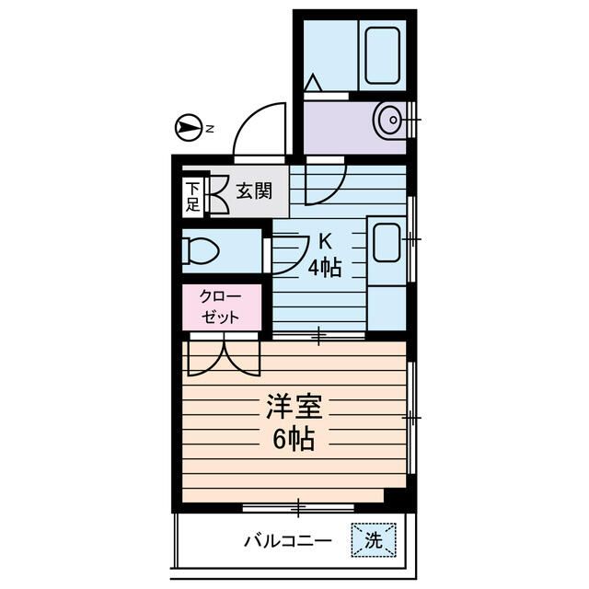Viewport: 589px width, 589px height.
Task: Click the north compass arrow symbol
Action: coord(188,128)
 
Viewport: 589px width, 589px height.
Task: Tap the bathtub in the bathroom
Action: coord(381,55)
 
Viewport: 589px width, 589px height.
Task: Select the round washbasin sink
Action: coord(390,119)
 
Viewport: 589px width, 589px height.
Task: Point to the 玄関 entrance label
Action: coord(253,191)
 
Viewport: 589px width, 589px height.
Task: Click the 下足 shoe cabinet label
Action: coord(192,196)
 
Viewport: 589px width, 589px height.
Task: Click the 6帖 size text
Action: coord(292,440)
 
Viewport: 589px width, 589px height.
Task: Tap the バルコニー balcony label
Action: coord(287,541)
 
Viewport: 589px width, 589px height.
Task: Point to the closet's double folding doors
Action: coord(222,357)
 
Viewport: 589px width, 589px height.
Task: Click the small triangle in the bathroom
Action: coord(313,84)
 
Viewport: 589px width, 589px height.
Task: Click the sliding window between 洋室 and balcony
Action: coord(300,505)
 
